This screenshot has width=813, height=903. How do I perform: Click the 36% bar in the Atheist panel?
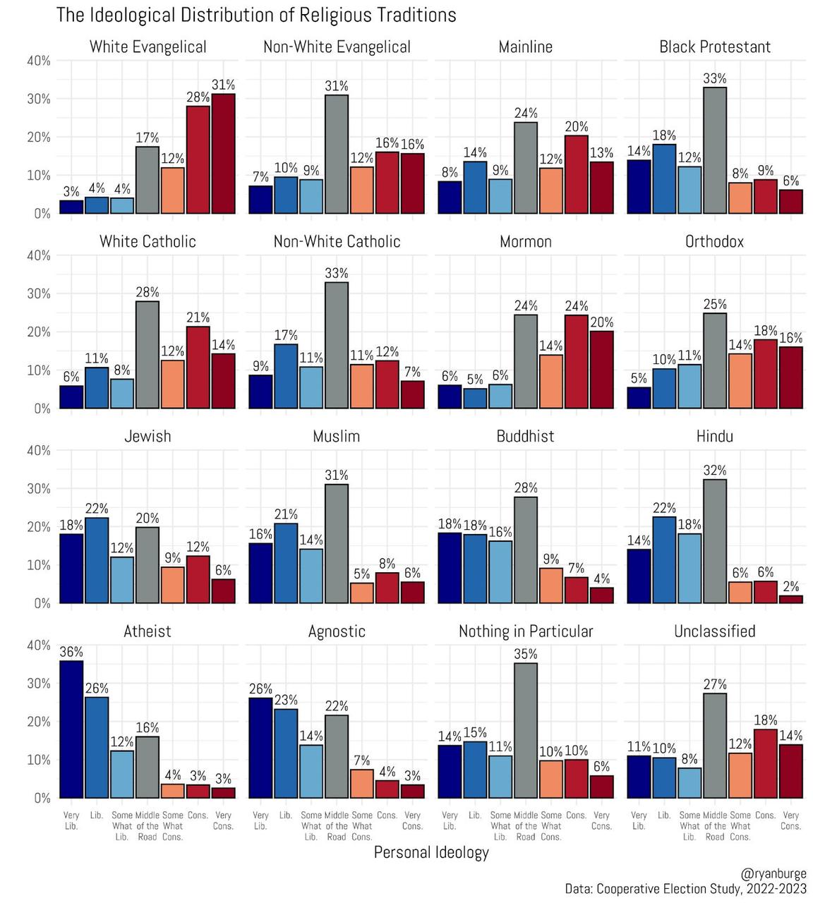click(x=71, y=729)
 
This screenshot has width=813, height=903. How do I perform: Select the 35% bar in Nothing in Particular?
click(x=526, y=731)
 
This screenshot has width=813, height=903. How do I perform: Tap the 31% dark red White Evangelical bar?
click(x=224, y=154)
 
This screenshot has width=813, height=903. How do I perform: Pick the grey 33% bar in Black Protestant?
click(x=715, y=150)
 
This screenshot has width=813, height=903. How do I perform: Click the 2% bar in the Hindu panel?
click(x=791, y=599)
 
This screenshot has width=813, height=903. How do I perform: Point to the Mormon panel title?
click(x=526, y=241)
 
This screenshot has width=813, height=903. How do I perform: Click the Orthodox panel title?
click(x=714, y=241)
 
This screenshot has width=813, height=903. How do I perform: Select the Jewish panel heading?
click(x=147, y=436)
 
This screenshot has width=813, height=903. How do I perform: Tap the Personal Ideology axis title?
click(x=431, y=852)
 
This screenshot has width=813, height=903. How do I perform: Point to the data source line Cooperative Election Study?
click(x=685, y=889)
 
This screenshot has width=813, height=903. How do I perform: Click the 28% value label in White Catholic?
click(x=147, y=292)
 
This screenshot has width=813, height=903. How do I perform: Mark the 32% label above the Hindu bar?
click(x=715, y=471)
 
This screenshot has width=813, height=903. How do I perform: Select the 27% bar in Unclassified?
click(x=715, y=746)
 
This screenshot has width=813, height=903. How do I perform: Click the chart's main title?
click(x=256, y=15)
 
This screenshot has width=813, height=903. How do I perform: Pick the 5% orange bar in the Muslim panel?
click(x=362, y=593)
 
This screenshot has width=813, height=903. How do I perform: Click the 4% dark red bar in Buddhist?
click(x=602, y=595)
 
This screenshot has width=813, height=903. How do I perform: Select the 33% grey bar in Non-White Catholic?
click(x=337, y=345)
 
